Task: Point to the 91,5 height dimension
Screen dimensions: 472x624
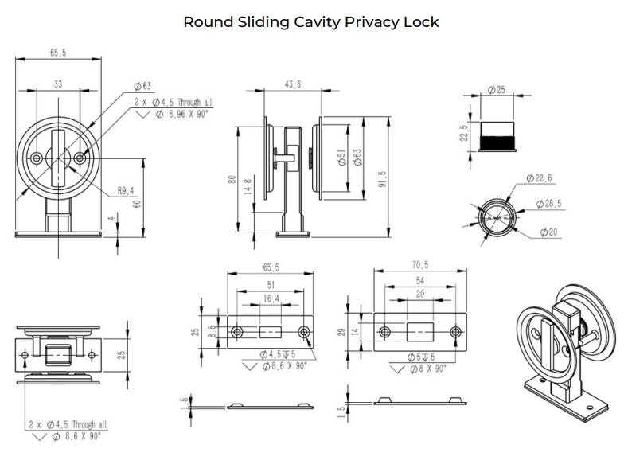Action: pos(383,179)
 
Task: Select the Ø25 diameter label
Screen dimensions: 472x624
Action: pos(497,90)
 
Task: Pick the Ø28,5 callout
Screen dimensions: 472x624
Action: pos(548,204)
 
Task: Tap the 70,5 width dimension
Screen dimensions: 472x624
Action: pos(419,265)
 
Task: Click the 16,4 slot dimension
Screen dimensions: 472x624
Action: pos(271,298)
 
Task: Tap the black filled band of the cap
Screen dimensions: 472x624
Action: pos(497,142)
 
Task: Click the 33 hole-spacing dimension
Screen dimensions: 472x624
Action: pos(58,84)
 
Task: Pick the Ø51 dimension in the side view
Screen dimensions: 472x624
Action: pos(341,158)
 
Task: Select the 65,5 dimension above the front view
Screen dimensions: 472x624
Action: pos(58,53)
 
